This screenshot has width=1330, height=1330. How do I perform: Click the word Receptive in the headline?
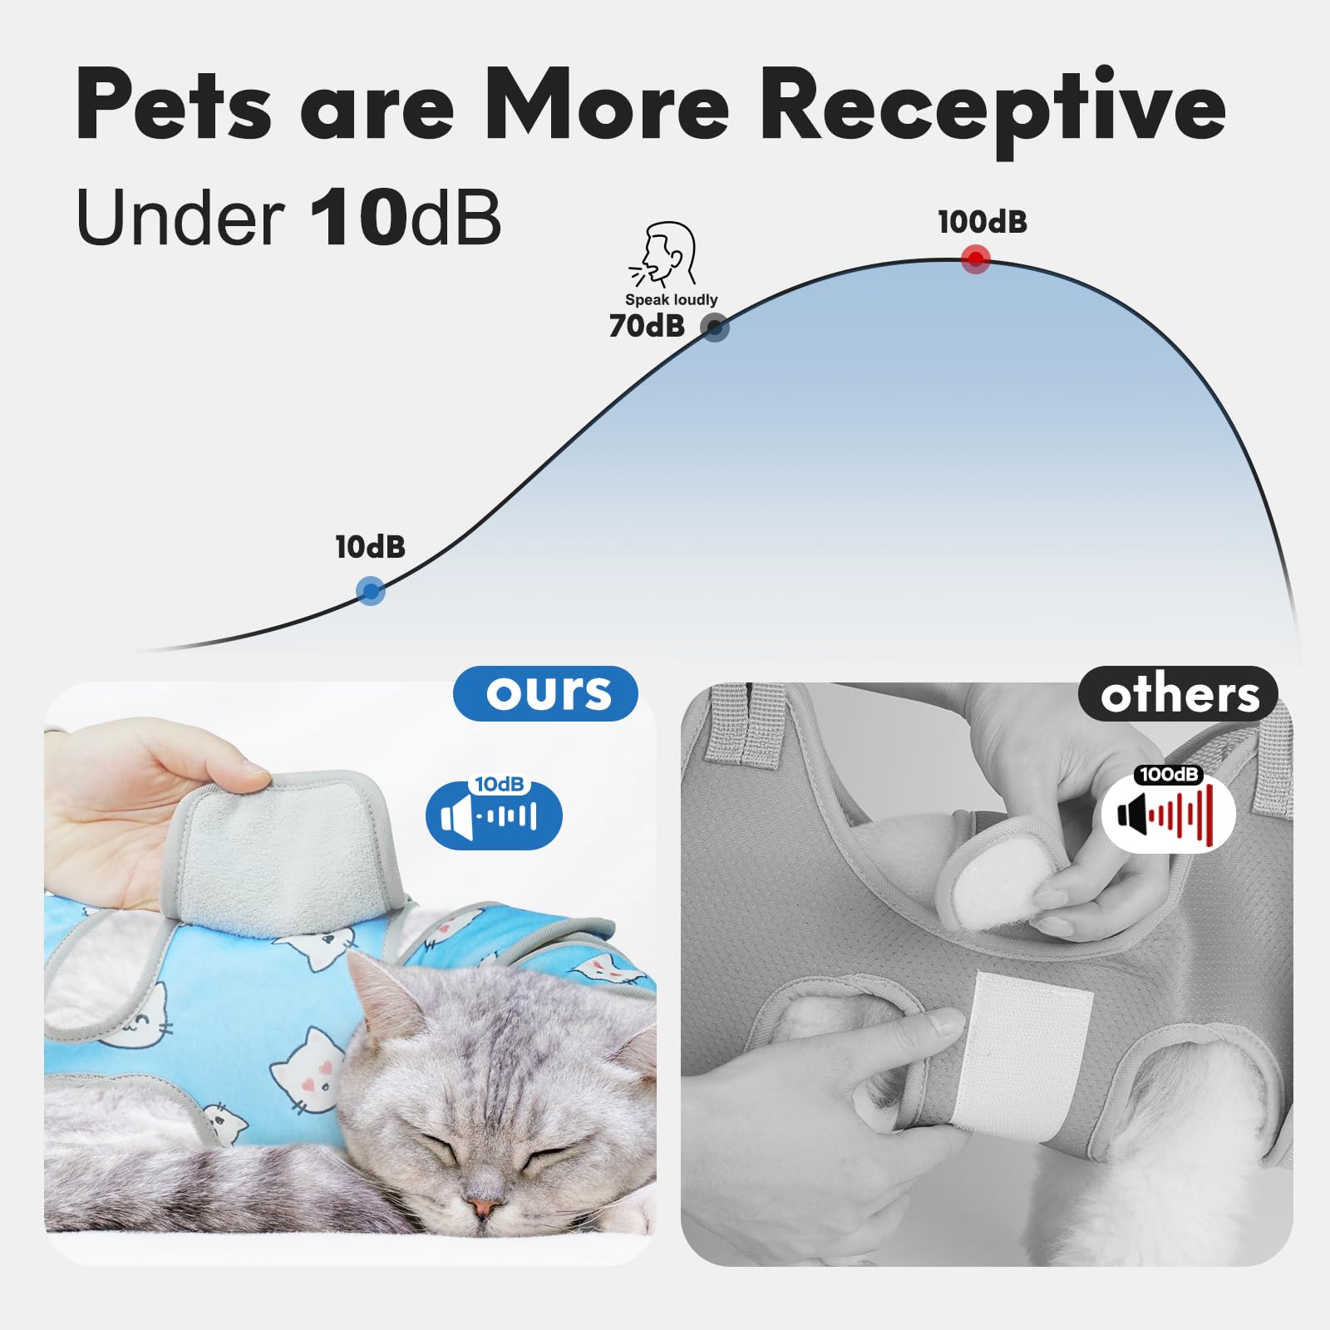(x=993, y=106)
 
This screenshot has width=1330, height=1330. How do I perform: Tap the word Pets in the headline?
(x=174, y=106)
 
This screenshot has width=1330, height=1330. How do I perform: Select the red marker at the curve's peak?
(x=975, y=259)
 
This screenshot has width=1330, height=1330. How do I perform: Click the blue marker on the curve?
(x=370, y=591)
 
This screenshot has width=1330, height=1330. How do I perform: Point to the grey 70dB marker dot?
(x=714, y=327)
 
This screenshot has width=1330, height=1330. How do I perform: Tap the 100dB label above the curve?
(x=982, y=223)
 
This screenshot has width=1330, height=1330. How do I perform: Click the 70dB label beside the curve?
(x=647, y=326)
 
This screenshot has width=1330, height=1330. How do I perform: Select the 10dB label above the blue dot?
(x=370, y=547)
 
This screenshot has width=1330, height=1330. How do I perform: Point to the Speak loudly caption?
(x=671, y=299)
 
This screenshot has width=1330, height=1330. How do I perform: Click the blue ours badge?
(x=546, y=693)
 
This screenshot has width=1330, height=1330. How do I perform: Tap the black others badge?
(x=1178, y=694)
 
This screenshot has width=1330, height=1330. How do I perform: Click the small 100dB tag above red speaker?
(x=1168, y=775)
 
